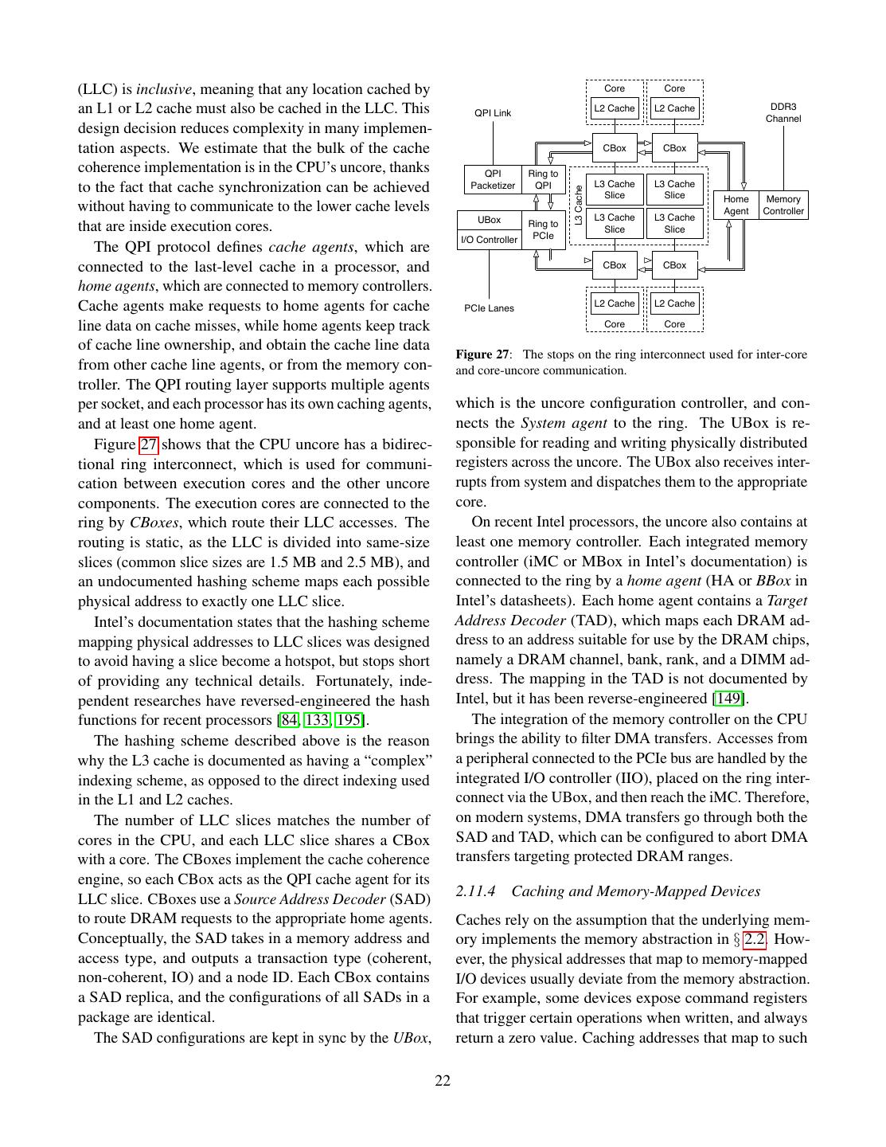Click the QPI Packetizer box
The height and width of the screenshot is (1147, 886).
493,180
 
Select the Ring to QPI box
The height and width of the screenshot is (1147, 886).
543,180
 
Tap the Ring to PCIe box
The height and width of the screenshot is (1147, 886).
543,230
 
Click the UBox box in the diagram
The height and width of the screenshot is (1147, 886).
489,220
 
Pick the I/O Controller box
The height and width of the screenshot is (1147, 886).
489,240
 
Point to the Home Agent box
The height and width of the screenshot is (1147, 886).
736,206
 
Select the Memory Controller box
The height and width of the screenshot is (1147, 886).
783,206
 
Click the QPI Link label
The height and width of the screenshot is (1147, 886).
493,113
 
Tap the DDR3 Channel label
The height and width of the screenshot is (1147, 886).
783,112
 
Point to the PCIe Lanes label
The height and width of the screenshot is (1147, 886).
489,308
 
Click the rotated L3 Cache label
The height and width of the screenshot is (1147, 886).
579,205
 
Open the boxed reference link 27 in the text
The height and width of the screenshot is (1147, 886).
149,444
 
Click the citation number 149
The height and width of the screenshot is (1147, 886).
728,699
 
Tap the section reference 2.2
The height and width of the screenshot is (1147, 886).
754,939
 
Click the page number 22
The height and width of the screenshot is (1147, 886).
443,1081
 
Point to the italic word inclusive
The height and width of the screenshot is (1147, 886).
163,89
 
